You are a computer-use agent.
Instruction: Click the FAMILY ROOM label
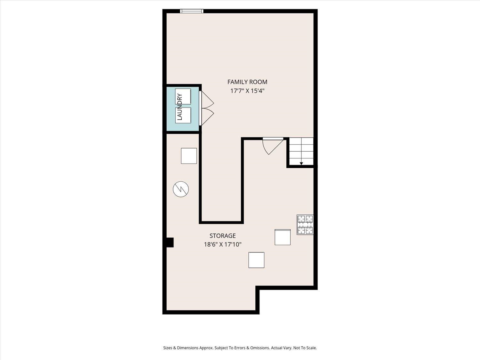pos(247,82)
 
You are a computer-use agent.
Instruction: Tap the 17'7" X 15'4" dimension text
pos(247,91)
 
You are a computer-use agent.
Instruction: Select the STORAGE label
pos(222,236)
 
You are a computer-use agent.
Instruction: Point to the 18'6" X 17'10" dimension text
pos(222,244)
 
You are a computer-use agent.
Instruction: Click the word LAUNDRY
pos(180,107)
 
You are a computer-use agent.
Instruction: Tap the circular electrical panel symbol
pos(181,189)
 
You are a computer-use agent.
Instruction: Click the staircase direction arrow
pos(301,164)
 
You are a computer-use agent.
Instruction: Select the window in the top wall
pos(192,11)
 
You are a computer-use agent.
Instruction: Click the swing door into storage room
pos(272,147)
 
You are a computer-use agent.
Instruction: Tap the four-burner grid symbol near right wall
pos(305,225)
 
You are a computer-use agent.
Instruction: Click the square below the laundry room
pos(189,156)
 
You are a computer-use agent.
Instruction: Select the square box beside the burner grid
pos(283,237)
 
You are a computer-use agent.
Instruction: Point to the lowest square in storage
pos(256,260)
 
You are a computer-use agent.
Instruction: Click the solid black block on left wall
pos(170,242)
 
